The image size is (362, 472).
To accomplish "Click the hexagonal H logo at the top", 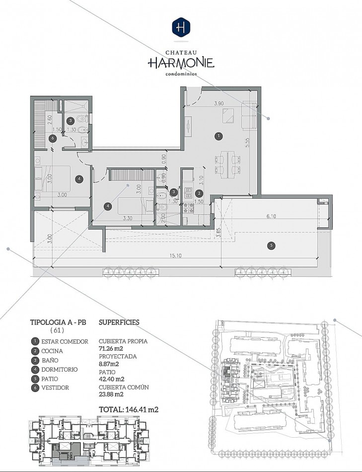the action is (181, 27).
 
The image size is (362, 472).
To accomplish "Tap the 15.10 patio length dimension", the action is (175, 255).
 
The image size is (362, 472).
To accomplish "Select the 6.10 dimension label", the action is (271, 216).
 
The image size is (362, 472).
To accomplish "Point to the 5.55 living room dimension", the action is (248, 142).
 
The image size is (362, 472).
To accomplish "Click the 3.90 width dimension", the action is (219, 103).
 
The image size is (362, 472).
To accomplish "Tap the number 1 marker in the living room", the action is (219, 136).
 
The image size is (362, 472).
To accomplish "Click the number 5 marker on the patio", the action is (271, 245).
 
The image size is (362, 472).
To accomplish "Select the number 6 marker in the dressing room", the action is (53, 139).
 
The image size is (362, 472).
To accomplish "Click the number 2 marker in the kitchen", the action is (199, 194).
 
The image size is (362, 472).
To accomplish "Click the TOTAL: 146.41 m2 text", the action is (129, 409).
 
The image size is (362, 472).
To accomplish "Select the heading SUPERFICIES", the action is (119, 322).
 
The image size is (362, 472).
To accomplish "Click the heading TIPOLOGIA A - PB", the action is (58, 322).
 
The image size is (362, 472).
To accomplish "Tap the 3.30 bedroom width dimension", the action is (128, 218).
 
